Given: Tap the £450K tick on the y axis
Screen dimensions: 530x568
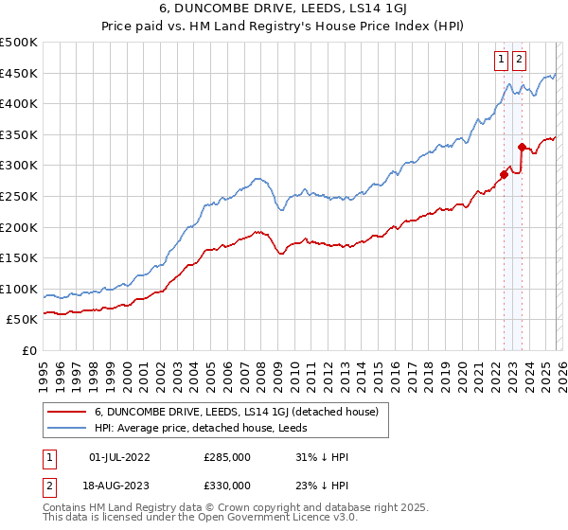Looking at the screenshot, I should pyautogui.click(x=19, y=73).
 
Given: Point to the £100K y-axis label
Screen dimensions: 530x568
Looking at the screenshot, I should pyautogui.click(x=19, y=289).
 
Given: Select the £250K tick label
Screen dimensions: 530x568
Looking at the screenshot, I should pyautogui.click(x=19, y=196).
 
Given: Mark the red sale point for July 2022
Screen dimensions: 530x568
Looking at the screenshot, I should pyautogui.click(x=503, y=174).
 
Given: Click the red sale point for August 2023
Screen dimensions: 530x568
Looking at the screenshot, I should pyautogui.click(x=522, y=147).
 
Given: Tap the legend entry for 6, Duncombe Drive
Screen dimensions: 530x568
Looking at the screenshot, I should pyautogui.click(x=237, y=412).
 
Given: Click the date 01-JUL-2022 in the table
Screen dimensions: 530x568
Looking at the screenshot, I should pyautogui.click(x=119, y=457).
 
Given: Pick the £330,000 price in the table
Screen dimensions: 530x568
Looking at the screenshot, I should pyautogui.click(x=227, y=486).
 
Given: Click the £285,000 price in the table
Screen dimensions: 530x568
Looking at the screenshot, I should pyautogui.click(x=227, y=457).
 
